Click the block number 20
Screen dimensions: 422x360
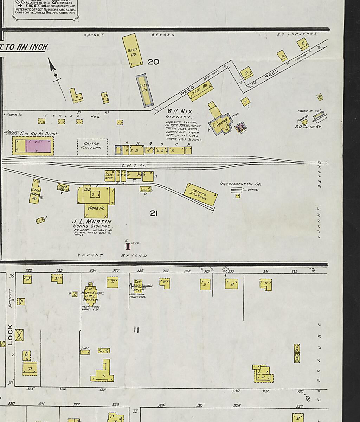click(153, 62)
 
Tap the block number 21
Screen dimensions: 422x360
click(153, 213)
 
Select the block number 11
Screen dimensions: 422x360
click(136, 330)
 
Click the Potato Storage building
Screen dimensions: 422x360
click(200, 194)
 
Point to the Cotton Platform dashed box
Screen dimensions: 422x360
click(92, 147)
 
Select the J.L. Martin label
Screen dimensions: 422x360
click(92, 222)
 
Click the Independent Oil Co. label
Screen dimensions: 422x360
click(240, 184)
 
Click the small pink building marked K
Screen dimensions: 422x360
click(128, 246)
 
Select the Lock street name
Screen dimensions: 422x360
click(10, 334)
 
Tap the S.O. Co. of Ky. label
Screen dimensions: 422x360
click(308, 127)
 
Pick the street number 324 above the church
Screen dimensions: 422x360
click(93, 271)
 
